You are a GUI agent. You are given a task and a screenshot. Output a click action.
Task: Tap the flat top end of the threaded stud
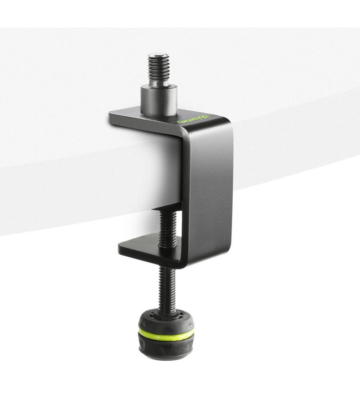tap(158, 55)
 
